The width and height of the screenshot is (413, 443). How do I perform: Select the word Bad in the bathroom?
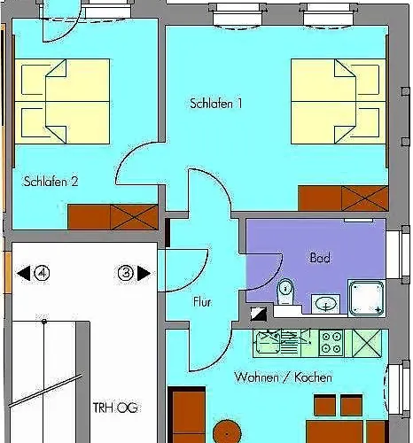click(x=319, y=258)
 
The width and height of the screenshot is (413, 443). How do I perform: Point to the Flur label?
click(x=202, y=302)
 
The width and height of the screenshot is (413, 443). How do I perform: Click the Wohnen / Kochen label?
click(x=283, y=377)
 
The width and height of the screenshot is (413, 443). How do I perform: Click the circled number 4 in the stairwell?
click(x=41, y=274)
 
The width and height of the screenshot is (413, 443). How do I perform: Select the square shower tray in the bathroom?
click(x=367, y=298)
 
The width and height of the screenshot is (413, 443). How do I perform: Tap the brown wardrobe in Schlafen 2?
click(x=113, y=216)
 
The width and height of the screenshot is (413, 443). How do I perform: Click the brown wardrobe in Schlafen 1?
click(x=343, y=198)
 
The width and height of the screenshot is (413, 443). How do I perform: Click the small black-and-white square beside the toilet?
click(x=258, y=312)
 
